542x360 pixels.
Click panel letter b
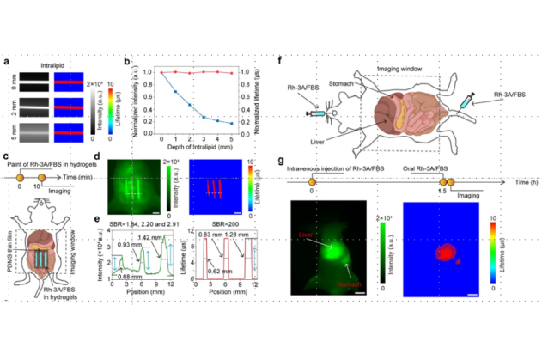[126, 62]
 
